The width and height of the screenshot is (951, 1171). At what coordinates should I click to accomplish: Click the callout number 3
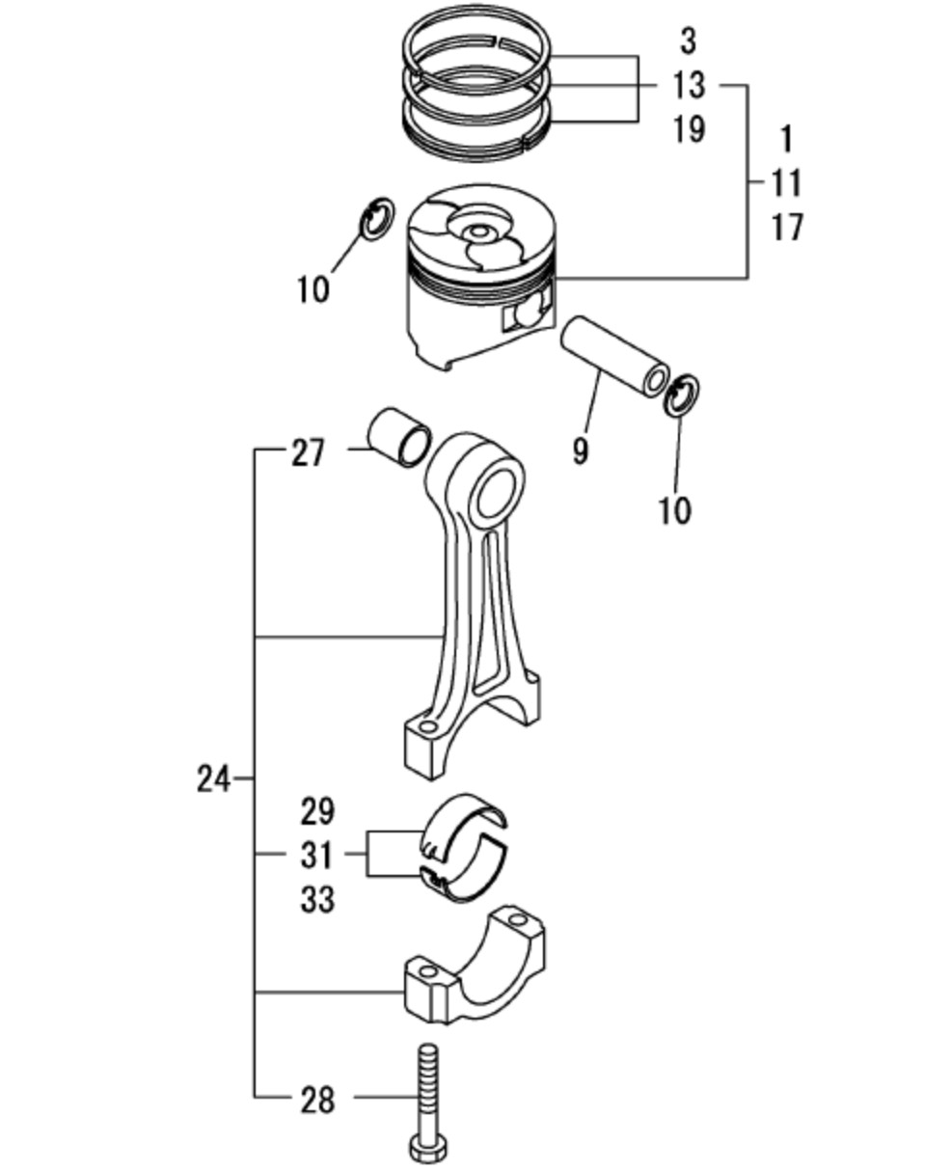coord(689,41)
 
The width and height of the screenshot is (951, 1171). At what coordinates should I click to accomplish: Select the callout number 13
coord(689,86)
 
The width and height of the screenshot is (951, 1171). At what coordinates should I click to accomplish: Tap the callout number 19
coord(689,130)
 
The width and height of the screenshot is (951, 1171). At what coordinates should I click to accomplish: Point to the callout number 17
coord(787,228)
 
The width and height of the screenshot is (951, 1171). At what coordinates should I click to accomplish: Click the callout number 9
coord(581,450)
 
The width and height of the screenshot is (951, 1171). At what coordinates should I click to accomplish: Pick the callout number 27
coord(308,454)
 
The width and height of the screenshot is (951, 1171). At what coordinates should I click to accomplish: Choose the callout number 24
coord(213,779)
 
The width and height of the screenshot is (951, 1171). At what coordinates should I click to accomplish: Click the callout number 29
coord(317,812)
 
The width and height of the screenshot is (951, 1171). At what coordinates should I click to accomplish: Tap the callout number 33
coord(317,901)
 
